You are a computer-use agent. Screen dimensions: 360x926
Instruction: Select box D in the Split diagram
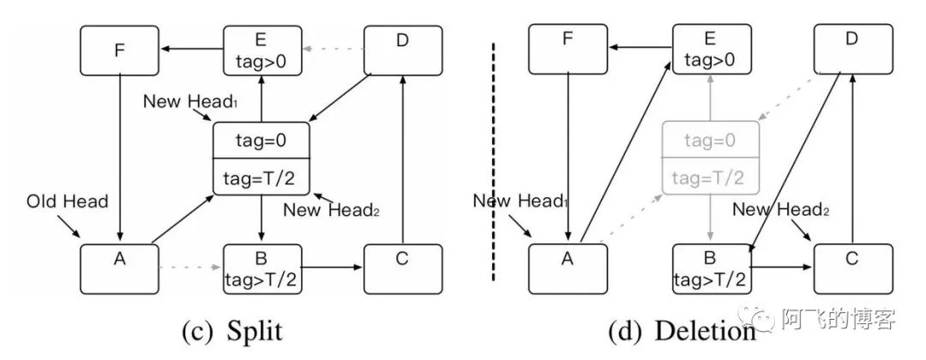[403, 50]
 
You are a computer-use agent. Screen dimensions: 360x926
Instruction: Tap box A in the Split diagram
[119, 268]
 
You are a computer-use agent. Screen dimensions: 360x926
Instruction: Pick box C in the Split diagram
[403, 268]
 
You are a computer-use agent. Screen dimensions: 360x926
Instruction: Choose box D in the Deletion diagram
[851, 50]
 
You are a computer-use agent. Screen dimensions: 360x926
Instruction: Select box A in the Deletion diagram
[567, 268]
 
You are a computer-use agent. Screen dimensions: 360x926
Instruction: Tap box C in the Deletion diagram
[851, 268]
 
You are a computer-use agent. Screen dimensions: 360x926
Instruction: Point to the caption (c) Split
[228, 330]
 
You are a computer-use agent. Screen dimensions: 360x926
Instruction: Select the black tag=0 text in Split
[261, 140]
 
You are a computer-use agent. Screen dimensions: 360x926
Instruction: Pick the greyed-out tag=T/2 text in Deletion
[710, 177]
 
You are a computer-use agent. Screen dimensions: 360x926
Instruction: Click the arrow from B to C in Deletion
[781, 267]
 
